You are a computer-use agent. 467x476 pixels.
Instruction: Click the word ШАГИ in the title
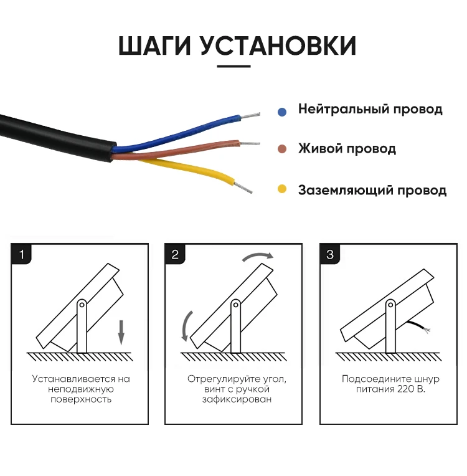(155, 47)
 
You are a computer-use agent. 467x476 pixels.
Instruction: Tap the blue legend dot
(282, 112)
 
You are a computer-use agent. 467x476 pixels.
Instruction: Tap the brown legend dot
(282, 150)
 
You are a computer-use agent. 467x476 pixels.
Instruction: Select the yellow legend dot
(282, 189)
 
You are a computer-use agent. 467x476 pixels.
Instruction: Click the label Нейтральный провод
(370, 110)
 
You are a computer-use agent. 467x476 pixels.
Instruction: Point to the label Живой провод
(347, 149)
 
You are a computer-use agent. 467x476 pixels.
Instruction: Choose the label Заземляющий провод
(372, 190)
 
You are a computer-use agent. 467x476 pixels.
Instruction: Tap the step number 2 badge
(175, 254)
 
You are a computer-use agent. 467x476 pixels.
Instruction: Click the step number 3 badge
(329, 254)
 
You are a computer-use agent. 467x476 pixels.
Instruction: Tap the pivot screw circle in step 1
(82, 305)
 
